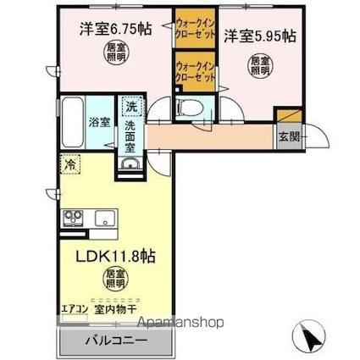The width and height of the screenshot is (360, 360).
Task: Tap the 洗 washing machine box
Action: (x=130, y=107)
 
